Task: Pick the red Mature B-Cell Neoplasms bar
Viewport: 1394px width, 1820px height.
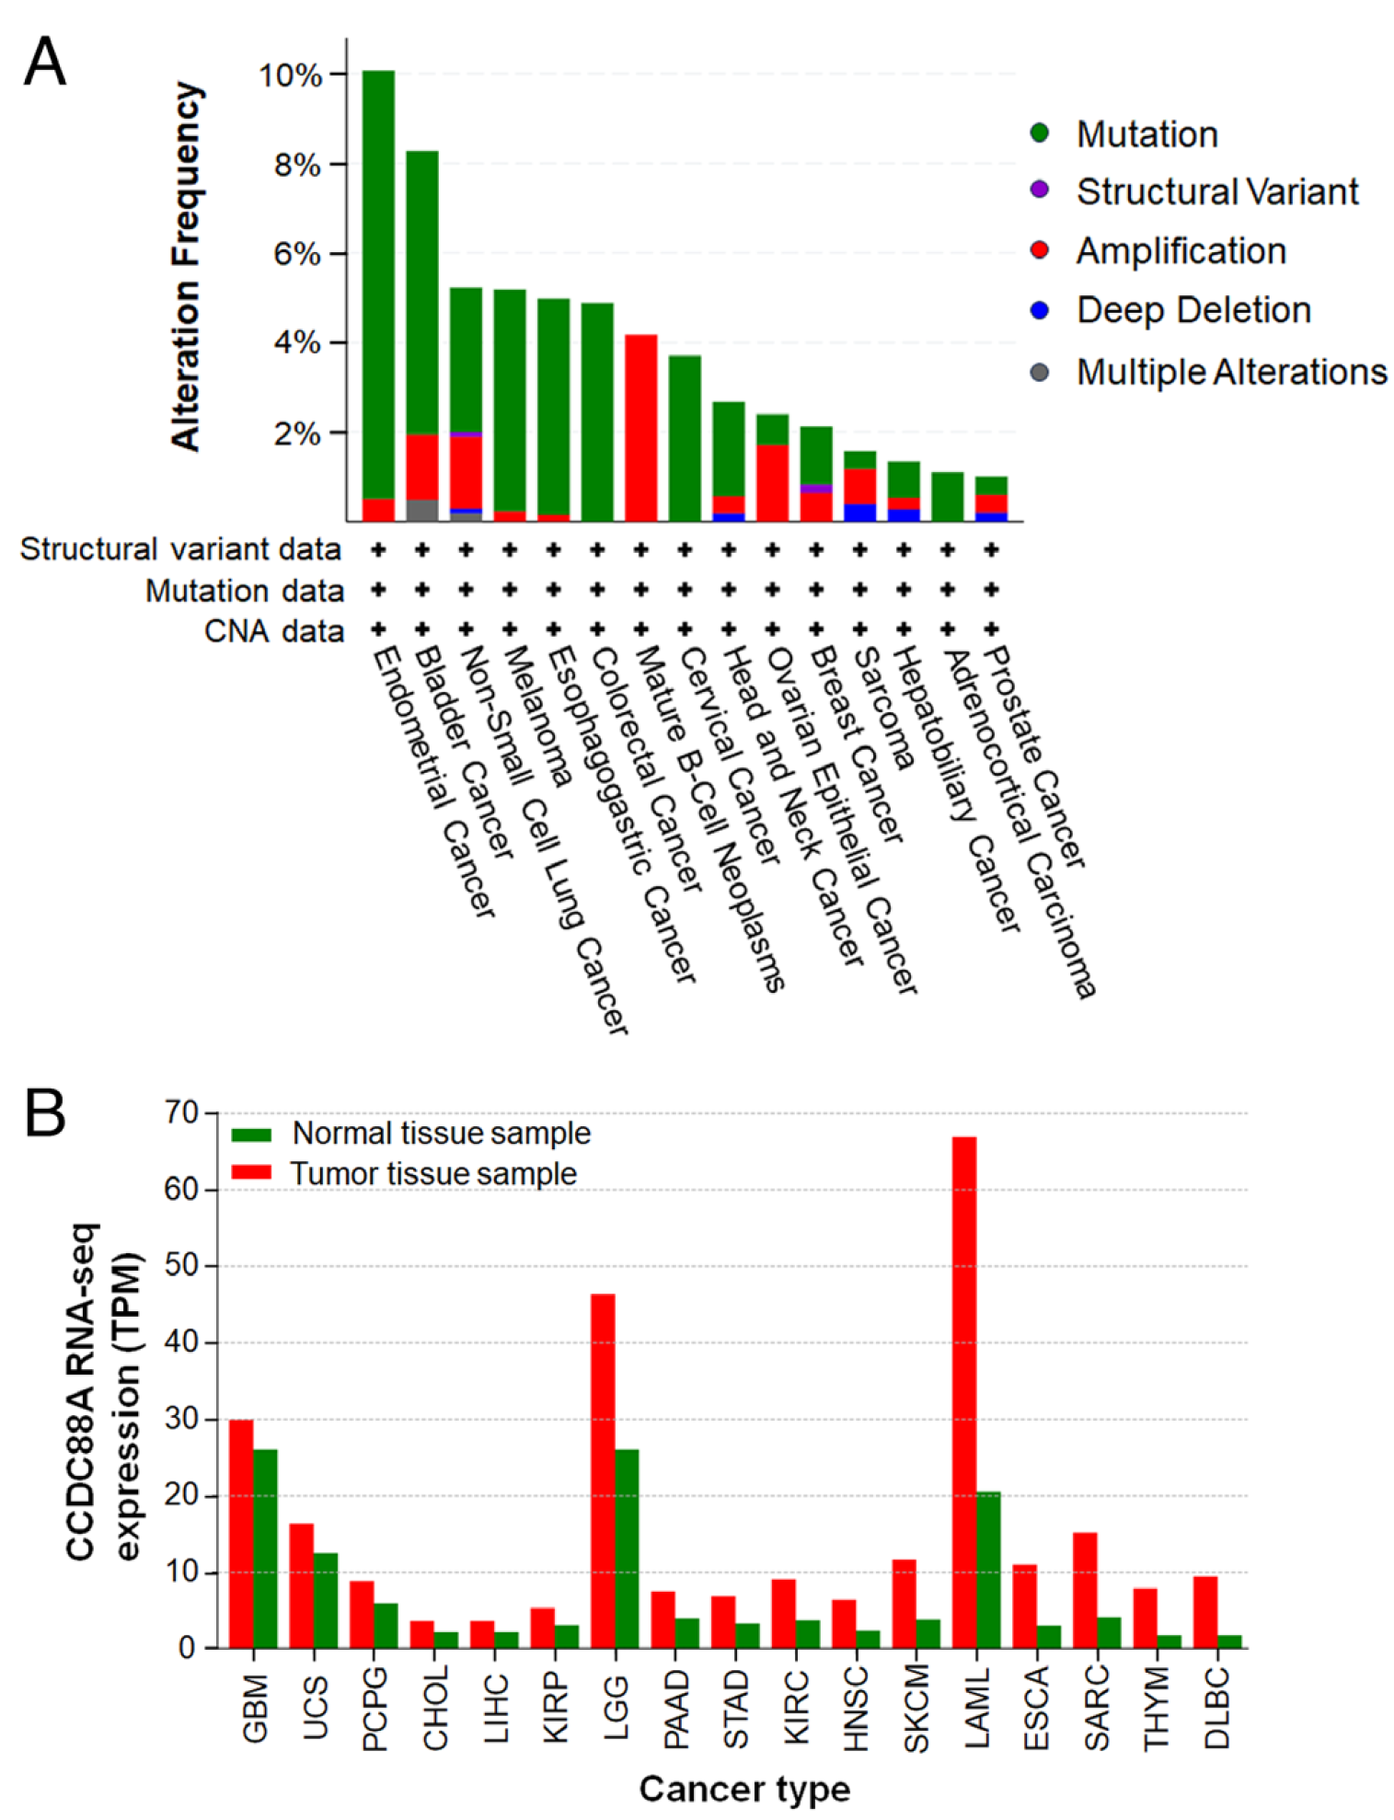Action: [640, 428]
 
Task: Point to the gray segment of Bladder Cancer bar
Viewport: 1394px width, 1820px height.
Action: [422, 510]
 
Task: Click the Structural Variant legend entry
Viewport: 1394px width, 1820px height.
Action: [1216, 191]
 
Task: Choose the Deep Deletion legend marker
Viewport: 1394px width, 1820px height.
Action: [1040, 310]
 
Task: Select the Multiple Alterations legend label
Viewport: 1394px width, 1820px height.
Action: [1231, 372]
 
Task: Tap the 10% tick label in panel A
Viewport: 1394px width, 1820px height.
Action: [291, 75]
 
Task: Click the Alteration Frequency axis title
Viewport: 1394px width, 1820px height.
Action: [186, 267]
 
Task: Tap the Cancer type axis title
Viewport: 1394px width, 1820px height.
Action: [744, 1789]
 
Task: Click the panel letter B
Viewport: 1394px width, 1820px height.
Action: [44, 1113]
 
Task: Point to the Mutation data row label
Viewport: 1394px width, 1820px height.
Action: [244, 591]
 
